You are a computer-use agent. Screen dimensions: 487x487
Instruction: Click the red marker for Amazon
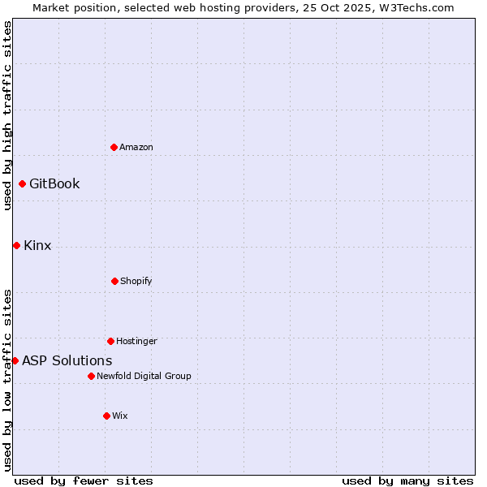[x=114, y=147]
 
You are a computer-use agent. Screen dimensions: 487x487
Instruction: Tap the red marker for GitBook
[x=22, y=183]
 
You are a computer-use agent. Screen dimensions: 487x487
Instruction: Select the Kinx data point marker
[x=16, y=245]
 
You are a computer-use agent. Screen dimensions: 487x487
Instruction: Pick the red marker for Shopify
[x=114, y=281]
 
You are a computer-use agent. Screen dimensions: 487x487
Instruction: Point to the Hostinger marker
[x=110, y=341]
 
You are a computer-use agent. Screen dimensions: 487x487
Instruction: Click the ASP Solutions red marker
[x=15, y=360]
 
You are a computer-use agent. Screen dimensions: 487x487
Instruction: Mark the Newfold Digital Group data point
[x=91, y=376]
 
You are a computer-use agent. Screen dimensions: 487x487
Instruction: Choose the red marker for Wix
[x=106, y=416]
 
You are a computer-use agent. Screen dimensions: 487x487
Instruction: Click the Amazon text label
[x=136, y=147]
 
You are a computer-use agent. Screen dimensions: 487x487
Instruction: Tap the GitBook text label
[x=54, y=183]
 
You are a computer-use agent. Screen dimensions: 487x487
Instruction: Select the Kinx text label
[x=37, y=245]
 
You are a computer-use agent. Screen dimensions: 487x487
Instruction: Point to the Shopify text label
[x=136, y=281]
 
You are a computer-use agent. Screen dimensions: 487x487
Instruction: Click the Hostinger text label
[x=136, y=341]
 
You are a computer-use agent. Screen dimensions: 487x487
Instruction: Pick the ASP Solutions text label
[x=67, y=360]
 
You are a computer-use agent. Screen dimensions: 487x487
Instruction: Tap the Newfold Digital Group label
[x=144, y=376]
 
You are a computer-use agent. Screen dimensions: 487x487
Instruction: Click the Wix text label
[x=120, y=416]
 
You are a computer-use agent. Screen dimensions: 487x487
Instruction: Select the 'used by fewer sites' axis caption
[x=84, y=481]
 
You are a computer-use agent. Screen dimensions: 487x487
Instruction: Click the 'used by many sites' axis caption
[x=407, y=481]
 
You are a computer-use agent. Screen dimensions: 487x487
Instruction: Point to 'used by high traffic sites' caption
[x=7, y=116]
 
